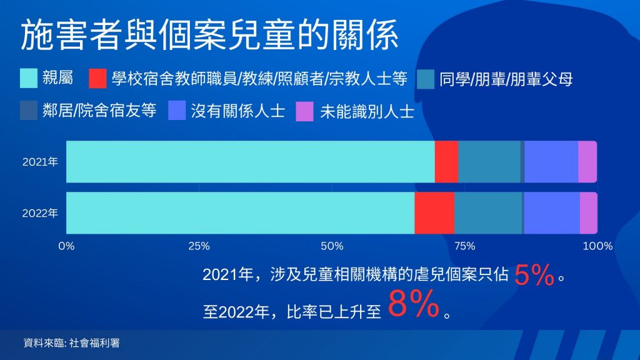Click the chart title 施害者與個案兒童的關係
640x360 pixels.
(x=209, y=35)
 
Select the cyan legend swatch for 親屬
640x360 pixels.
(x=29, y=78)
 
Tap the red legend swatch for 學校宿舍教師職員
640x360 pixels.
(x=98, y=78)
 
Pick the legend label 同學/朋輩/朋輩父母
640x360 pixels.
(x=506, y=79)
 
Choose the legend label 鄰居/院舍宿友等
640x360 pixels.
(x=99, y=110)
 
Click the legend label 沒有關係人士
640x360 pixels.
(x=238, y=111)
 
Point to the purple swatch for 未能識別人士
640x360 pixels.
(x=304, y=111)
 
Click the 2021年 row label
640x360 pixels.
(x=40, y=162)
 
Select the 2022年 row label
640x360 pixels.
(x=40, y=213)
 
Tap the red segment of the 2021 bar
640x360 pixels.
(x=446, y=162)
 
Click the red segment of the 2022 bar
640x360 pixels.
(x=435, y=213)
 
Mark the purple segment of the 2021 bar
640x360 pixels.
(x=587, y=162)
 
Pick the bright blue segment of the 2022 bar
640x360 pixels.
(x=552, y=213)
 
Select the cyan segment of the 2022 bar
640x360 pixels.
(x=241, y=213)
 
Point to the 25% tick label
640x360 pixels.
(x=199, y=246)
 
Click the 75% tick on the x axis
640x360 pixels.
(x=465, y=246)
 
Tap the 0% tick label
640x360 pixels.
(x=66, y=246)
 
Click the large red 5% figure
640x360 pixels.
(x=534, y=275)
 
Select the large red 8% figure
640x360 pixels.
(x=414, y=304)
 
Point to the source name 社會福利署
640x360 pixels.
(x=94, y=343)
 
